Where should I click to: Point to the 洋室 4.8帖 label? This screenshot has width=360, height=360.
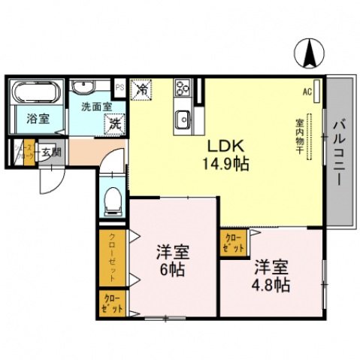[x=271, y=274]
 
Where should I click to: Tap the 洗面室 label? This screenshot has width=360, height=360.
[x=95, y=106]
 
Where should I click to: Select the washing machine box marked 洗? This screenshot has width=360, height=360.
[x=115, y=121]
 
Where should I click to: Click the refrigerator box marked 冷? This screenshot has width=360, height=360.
[x=141, y=89]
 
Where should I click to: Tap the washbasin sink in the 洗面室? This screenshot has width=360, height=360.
[x=85, y=86]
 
